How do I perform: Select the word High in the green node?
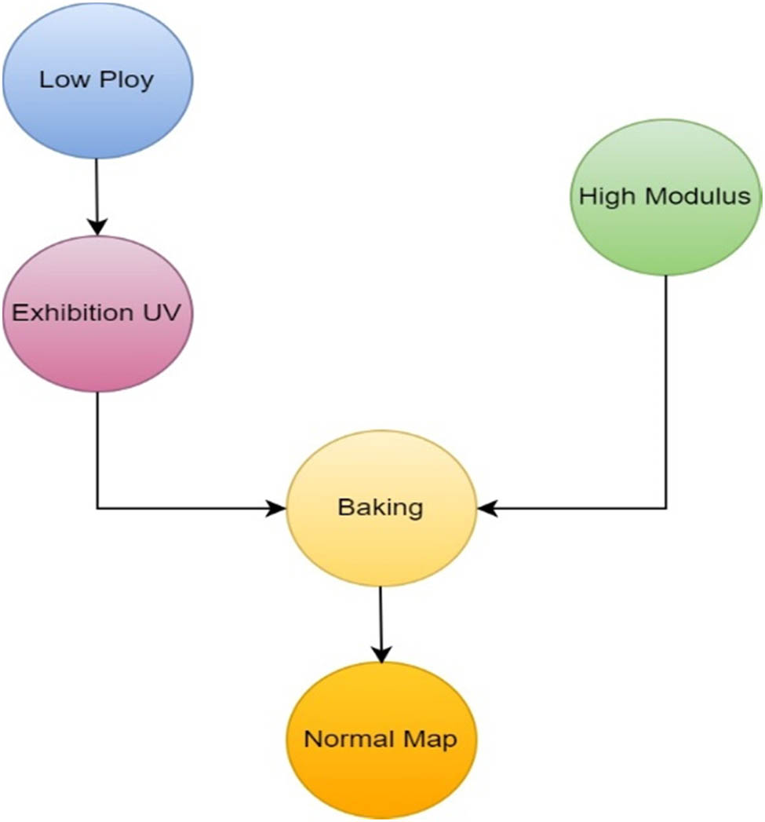click(x=606, y=195)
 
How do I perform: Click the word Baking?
click(x=381, y=507)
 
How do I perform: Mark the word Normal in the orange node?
click(x=344, y=740)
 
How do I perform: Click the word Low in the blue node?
click(x=59, y=80)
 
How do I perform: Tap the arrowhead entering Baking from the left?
click(x=278, y=508)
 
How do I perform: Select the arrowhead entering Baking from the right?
click(x=486, y=508)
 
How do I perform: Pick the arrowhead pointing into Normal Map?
click(x=381, y=655)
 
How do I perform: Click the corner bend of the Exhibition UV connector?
click(x=97, y=508)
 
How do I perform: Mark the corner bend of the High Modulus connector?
click(x=666, y=508)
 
